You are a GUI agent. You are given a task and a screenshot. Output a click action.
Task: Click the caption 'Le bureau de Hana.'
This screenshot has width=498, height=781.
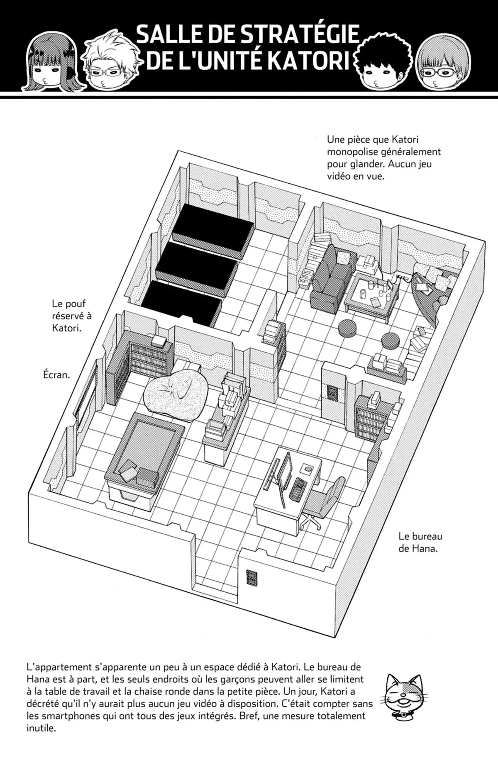420,542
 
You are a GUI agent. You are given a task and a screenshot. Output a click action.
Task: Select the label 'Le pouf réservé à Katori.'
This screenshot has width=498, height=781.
71,316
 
